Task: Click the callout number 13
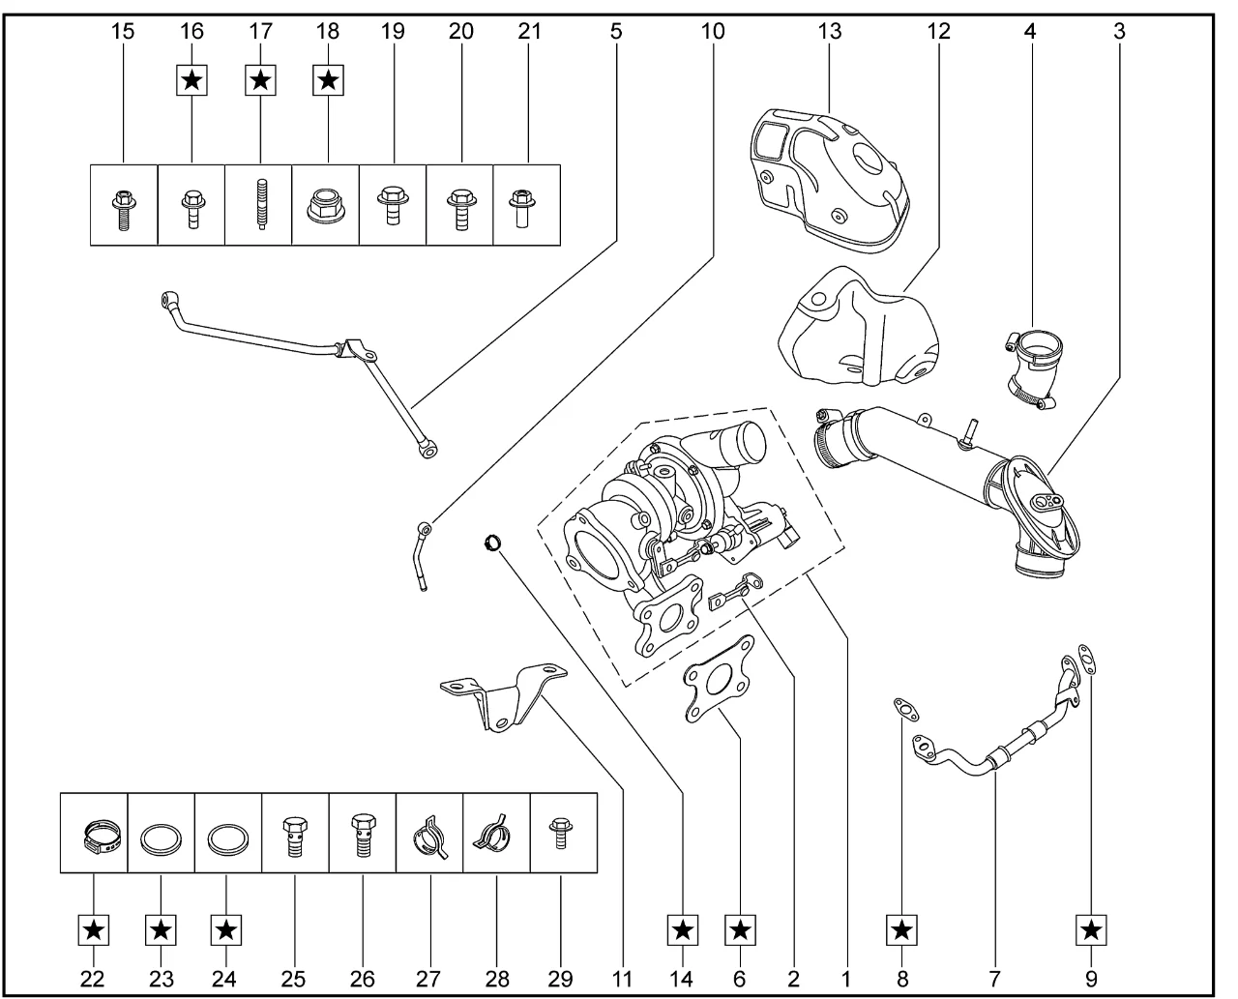pos(829,31)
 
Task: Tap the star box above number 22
pos(93,930)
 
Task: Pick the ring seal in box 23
pos(162,837)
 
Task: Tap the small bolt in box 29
pos(557,832)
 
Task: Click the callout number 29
pos(560,978)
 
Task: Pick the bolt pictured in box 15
pos(124,205)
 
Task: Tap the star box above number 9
pos(1091,930)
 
